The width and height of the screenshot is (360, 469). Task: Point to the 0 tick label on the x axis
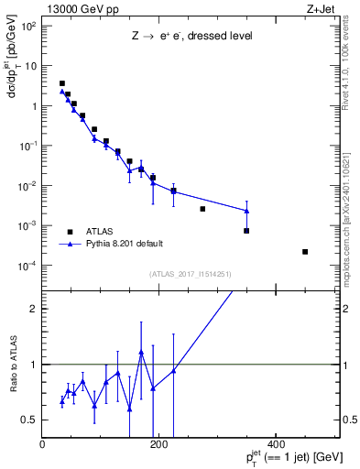tap(42, 444)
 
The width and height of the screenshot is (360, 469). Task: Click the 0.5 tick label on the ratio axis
tap(28, 420)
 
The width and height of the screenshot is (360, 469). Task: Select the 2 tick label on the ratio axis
tap(32, 309)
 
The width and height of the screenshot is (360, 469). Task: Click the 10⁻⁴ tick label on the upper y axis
tap(27, 266)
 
